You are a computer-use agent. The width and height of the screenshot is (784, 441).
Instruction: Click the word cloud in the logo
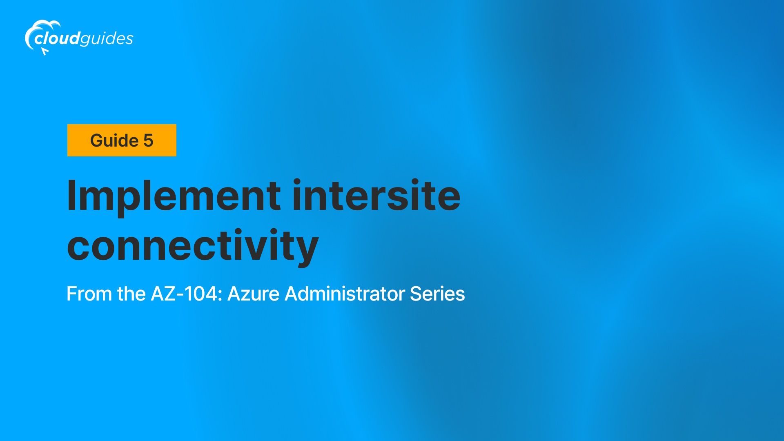pyautogui.click(x=57, y=38)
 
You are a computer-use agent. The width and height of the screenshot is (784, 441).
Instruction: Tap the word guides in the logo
pyautogui.click(x=107, y=39)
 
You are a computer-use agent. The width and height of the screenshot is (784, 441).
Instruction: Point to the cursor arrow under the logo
pyautogui.click(x=45, y=51)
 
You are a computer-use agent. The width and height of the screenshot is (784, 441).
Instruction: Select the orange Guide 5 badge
pyautogui.click(x=122, y=140)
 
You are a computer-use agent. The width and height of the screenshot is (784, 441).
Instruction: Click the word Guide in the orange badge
pyautogui.click(x=114, y=140)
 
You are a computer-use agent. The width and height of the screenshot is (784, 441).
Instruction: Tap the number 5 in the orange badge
pyautogui.click(x=148, y=140)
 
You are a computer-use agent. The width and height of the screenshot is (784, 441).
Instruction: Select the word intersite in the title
pyautogui.click(x=376, y=196)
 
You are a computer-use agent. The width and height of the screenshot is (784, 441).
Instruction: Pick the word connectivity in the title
pyautogui.click(x=193, y=246)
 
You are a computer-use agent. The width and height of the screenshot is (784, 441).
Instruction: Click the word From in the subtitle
pyautogui.click(x=89, y=294)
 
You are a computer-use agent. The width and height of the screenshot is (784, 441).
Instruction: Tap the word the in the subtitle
pyautogui.click(x=131, y=294)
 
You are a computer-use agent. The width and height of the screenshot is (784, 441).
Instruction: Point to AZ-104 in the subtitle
pyautogui.click(x=184, y=294)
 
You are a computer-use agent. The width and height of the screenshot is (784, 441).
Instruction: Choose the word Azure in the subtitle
pyautogui.click(x=253, y=294)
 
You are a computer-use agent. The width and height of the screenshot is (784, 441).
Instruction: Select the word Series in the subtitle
pyautogui.click(x=437, y=294)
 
